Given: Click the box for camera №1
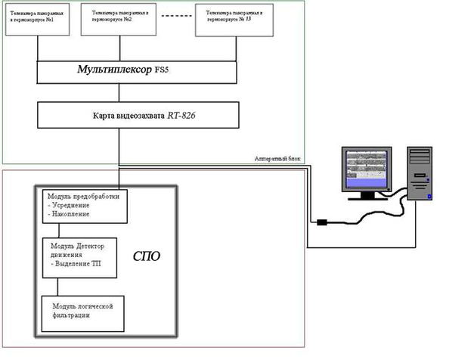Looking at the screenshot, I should [x=39, y=19].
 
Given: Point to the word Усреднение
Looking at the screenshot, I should [x=73, y=205].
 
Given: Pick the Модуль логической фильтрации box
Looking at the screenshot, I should [x=82, y=312].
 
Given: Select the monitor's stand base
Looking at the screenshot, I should [x=367, y=197].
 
